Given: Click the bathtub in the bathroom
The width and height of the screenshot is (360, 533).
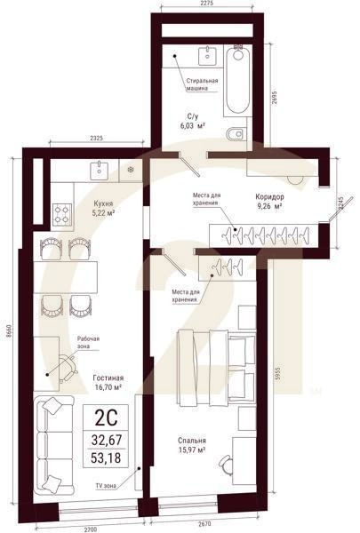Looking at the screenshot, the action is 238,80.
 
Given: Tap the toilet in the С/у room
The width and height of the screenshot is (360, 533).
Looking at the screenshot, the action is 236,134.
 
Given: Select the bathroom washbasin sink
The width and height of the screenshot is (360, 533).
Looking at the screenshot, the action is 206,56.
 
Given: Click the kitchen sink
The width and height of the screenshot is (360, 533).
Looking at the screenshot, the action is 100,171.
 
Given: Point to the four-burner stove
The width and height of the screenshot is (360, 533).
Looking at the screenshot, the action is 62,214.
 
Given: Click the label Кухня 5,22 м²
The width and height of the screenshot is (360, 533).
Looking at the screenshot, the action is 103,208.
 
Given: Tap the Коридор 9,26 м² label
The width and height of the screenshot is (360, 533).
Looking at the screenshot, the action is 270,202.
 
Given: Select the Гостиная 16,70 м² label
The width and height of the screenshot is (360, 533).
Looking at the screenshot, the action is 108,382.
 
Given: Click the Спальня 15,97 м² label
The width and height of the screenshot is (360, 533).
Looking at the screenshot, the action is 192,445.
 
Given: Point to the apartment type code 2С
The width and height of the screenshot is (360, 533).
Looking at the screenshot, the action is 106,418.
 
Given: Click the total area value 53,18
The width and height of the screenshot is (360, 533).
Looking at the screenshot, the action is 106,457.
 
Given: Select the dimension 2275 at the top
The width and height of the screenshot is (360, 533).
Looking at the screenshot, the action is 207,4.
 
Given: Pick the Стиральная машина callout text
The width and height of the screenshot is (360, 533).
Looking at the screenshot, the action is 202,84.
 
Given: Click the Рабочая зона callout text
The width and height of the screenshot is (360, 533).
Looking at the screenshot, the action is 88,342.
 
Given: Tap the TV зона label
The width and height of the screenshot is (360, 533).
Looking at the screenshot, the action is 106,486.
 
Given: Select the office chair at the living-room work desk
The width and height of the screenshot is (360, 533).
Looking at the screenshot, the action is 68,368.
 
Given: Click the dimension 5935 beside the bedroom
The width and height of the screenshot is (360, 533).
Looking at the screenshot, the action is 276,374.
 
